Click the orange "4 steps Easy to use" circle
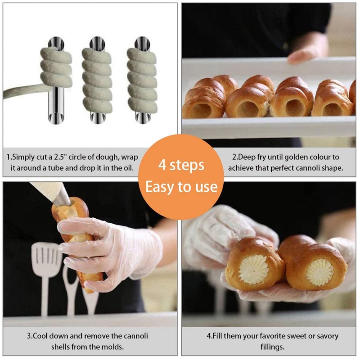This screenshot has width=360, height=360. (181, 177)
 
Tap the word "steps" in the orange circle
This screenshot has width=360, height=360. (187, 166)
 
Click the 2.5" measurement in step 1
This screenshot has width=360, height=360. (60, 157)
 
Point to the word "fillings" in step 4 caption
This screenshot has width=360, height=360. (272, 347)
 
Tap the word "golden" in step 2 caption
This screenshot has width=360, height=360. (296, 157)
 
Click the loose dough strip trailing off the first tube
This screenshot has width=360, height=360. (23, 90)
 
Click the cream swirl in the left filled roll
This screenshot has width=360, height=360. (253, 270)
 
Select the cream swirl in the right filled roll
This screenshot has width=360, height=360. (320, 273)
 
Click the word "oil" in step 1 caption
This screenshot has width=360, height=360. (128, 168)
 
